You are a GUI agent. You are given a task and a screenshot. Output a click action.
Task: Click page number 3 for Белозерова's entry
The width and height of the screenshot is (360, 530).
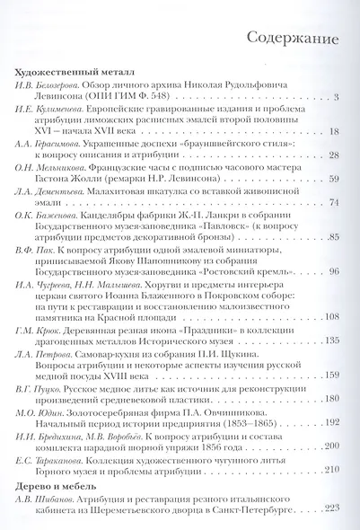point(334,97)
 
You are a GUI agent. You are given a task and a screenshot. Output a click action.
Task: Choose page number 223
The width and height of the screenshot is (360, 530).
point(329,508)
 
